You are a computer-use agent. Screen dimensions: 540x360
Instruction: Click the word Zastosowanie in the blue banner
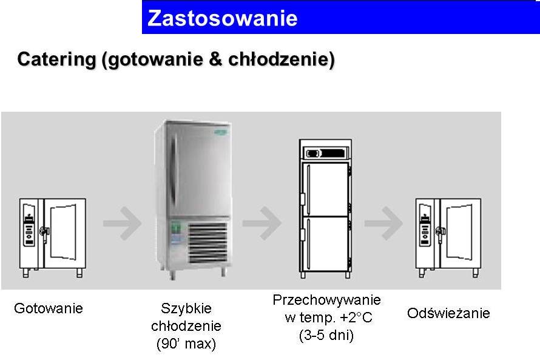coord(222,18)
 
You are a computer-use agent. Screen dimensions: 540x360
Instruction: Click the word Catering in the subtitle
coord(56,59)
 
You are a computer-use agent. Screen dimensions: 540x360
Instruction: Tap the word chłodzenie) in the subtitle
coord(282,59)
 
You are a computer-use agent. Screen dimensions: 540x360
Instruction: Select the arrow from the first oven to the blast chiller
coord(122,223)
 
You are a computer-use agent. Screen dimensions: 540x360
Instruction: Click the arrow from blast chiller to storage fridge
coord(262,223)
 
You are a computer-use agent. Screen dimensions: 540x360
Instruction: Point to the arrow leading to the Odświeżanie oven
coord(383,223)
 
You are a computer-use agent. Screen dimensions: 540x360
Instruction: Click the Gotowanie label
coord(49,308)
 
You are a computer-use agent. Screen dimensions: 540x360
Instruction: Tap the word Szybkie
coord(186,308)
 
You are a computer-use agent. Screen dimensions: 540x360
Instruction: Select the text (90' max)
coord(186,344)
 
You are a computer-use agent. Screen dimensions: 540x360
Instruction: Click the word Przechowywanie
coord(326,300)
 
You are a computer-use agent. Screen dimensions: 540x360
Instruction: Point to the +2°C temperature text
coord(356,318)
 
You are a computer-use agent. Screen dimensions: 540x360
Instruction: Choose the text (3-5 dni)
coord(326,335)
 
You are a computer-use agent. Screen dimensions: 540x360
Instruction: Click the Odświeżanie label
coord(448,313)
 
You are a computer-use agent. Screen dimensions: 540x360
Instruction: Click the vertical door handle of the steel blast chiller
coord(174,169)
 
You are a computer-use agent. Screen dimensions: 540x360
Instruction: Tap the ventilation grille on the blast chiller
coord(208,242)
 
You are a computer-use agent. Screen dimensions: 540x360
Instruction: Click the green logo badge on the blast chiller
coord(220,132)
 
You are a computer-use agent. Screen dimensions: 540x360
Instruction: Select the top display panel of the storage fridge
coord(325,153)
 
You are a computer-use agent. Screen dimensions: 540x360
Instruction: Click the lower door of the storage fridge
coord(325,244)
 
